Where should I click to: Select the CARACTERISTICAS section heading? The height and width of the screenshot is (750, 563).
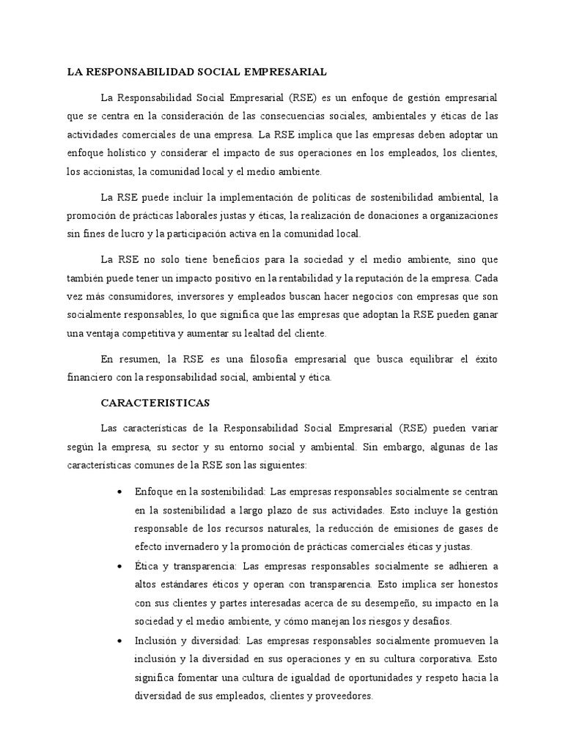pos(155,403)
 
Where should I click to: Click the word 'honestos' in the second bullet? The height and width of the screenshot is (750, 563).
pos(477,584)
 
